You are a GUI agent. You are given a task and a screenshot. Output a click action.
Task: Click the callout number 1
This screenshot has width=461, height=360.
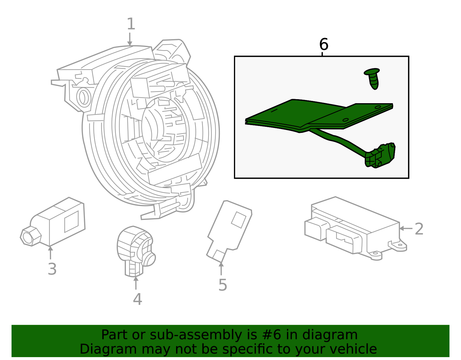point(131,24)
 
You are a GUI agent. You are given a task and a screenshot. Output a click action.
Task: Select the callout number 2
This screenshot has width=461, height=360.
point(419,229)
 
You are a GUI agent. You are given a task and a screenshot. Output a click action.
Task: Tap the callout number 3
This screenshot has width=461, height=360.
point(52,269)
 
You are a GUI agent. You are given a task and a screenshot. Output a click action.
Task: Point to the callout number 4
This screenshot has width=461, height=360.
point(137,299)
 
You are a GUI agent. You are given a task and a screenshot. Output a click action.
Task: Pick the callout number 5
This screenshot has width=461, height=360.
point(222,285)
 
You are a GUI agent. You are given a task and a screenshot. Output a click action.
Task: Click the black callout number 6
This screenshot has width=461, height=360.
point(324,45)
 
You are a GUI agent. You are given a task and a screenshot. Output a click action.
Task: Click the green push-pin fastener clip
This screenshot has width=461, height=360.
point(373,78)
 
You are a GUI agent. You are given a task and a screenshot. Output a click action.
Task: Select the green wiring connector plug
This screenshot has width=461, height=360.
point(380,156)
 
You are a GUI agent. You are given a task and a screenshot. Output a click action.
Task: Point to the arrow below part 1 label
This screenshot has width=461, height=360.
point(130,39)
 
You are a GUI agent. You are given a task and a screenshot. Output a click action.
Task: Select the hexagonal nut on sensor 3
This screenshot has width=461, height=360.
point(30,236)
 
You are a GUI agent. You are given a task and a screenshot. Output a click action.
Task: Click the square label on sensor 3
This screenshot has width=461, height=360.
point(71,221)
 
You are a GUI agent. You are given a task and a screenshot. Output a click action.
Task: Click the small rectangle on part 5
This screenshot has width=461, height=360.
point(239,220)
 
